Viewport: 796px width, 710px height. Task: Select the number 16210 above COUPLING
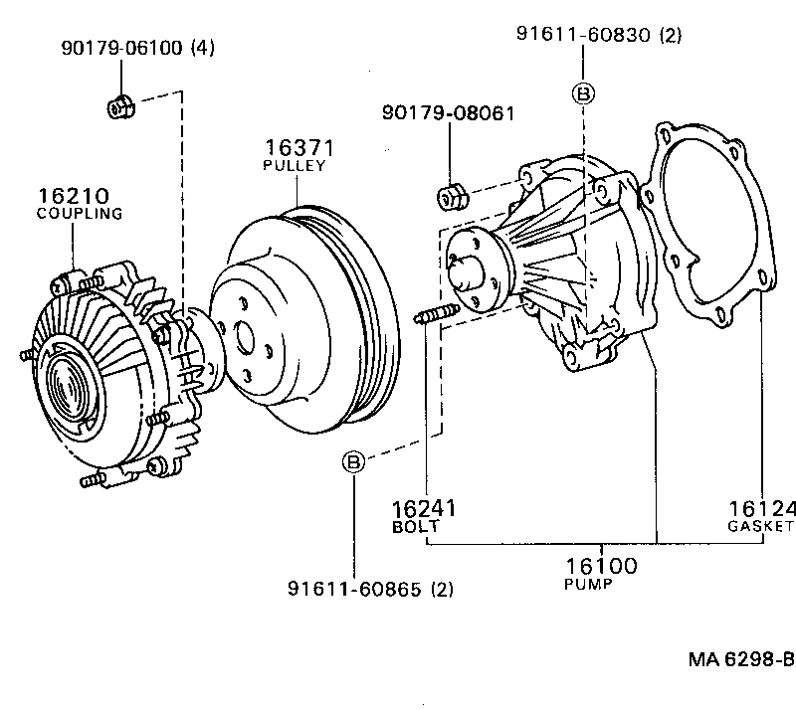(x=74, y=195)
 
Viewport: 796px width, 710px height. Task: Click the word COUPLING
(x=79, y=213)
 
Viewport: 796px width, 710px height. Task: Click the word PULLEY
(x=294, y=166)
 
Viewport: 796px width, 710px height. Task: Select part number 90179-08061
(x=448, y=113)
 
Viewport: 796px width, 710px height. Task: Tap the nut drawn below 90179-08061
(x=451, y=195)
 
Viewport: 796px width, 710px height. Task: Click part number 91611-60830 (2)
(x=599, y=35)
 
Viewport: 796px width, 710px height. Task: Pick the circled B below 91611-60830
(x=584, y=93)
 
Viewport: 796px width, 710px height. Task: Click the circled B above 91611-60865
(x=352, y=461)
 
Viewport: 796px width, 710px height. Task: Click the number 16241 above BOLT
(x=423, y=509)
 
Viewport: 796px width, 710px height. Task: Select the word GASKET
(x=761, y=525)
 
